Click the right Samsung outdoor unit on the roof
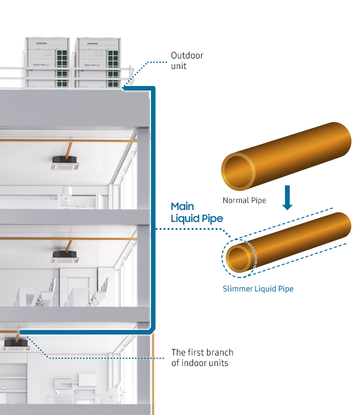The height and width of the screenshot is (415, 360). pyautogui.click(x=98, y=63)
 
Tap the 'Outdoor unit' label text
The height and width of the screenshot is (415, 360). pyautogui.click(x=187, y=60)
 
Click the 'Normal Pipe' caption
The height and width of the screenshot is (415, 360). pyautogui.click(x=244, y=200)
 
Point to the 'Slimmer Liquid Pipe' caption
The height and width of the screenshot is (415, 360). pyautogui.click(x=258, y=289)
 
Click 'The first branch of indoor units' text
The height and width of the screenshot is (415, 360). pyautogui.click(x=202, y=357)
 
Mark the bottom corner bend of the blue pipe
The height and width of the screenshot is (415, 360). pyautogui.click(x=151, y=331)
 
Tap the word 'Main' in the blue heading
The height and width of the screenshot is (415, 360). pyautogui.click(x=182, y=206)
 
